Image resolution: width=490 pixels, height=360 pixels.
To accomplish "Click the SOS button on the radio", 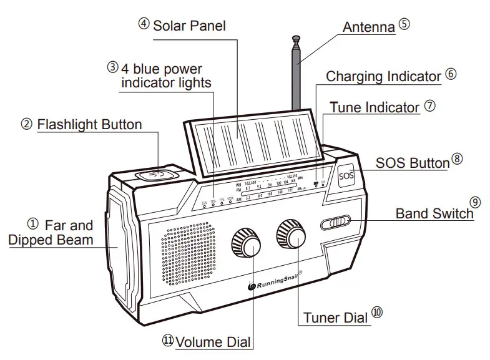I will pyautogui.click(x=346, y=175).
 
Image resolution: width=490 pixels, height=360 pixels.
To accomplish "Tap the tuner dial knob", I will pyautogui.click(x=292, y=235).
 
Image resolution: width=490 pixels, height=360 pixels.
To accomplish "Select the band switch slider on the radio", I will pyautogui.click(x=337, y=223).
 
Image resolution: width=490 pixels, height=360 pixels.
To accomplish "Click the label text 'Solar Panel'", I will pyautogui.click(x=189, y=26).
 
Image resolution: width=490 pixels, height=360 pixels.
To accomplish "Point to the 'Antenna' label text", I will pyautogui.click(x=369, y=27).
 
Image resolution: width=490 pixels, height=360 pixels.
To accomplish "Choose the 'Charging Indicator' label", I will pyautogui.click(x=383, y=77).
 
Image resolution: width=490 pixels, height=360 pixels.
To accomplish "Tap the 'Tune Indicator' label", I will pyautogui.click(x=375, y=107).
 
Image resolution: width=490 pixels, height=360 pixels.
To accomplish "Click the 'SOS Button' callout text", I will pyautogui.click(x=412, y=163).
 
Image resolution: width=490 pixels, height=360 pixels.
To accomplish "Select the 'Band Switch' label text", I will pyautogui.click(x=434, y=213).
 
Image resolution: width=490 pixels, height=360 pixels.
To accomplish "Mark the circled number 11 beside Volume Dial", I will pyautogui.click(x=167, y=340).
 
